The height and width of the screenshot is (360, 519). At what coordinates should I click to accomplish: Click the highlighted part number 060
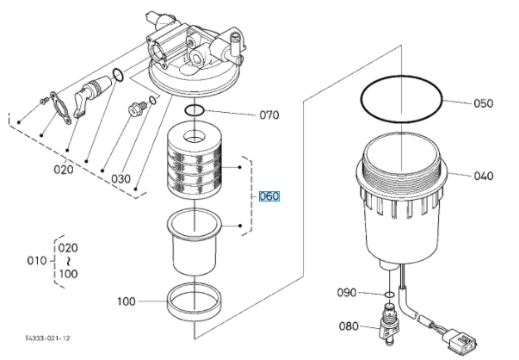pos(269,196)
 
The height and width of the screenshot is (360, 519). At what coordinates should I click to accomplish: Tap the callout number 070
pos(269,115)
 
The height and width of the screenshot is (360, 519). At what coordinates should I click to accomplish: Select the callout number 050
pos(483,103)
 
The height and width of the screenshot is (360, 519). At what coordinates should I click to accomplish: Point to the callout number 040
pos(483,176)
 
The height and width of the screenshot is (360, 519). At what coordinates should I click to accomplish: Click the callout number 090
pos(347,293)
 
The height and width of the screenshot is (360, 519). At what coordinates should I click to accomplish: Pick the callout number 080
pos(349,326)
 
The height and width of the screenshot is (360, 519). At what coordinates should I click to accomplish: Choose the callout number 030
pos(120,179)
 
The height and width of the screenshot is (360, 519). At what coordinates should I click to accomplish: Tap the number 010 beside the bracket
pos(37,261)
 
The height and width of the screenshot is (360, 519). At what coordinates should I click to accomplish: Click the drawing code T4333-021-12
pos(47,338)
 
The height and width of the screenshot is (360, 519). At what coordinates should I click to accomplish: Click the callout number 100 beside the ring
pos(127,301)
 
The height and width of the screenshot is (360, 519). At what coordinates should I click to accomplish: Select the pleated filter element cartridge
pos(194,161)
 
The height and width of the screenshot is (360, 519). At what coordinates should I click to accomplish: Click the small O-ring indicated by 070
pos(194,110)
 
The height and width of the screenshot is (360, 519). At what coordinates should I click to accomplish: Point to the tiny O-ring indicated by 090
pos(390,294)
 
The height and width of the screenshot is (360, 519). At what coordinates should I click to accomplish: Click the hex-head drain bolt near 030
pos(136,109)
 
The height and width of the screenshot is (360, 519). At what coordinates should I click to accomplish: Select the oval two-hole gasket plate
pos(60,108)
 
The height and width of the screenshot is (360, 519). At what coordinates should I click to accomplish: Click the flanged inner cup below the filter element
pos(194,242)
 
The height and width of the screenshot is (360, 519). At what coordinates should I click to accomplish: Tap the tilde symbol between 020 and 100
pos(68,261)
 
